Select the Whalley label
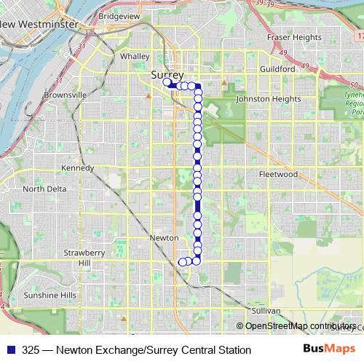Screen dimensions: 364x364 (x=135, y=56)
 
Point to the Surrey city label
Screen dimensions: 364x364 (x=167, y=75)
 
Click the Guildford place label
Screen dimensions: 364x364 (x=277, y=68)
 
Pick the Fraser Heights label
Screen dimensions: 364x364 (x=294, y=37)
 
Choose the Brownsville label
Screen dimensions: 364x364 (x=66, y=95)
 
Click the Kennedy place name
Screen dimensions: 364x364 (x=78, y=168)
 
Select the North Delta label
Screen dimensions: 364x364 (x=44, y=189)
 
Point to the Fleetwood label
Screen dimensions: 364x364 (x=278, y=175)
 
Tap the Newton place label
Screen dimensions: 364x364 (x=163, y=238)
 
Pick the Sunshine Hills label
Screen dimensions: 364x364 (x=50, y=295)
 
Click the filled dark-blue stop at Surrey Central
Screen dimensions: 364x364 (x=167, y=83)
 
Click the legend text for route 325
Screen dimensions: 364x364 (x=137, y=349)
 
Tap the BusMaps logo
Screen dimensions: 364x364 (x=325, y=349)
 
